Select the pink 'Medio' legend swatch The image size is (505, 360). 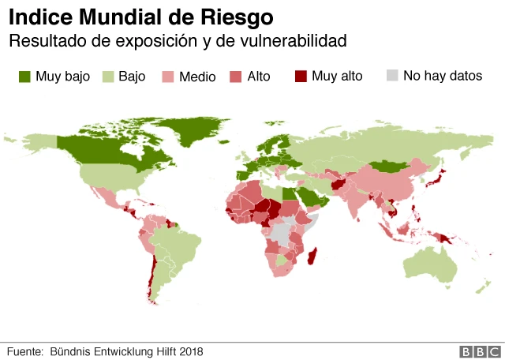tap(168, 77)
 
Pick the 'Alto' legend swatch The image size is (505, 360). tap(236, 77)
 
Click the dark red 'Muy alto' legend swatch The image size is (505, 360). tap(300, 77)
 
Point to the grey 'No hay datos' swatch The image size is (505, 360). tap(391, 77)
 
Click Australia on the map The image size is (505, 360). tap(430, 264)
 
